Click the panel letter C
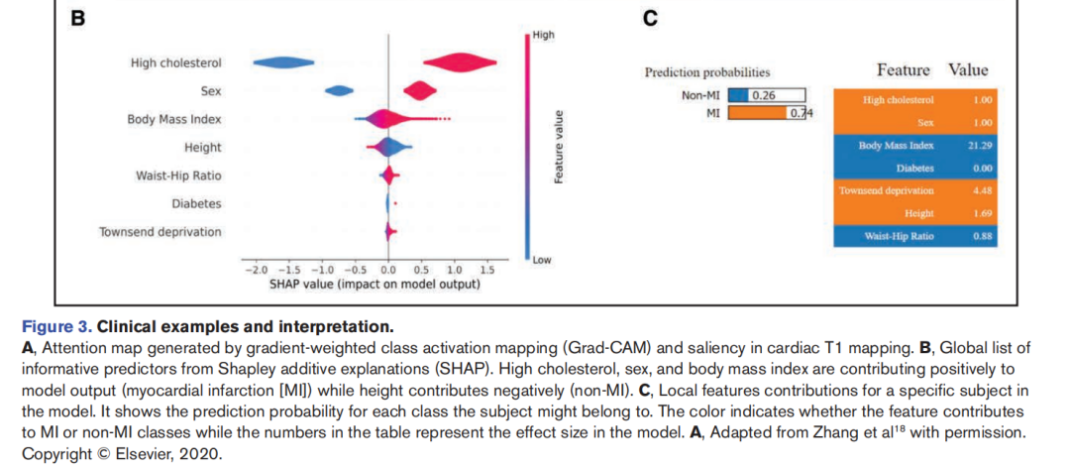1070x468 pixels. pyautogui.click(x=650, y=18)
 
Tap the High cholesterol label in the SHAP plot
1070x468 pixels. pyautogui.click(x=176, y=63)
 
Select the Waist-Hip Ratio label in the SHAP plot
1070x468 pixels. pyautogui.click(x=178, y=175)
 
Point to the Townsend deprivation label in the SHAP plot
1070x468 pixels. pyautogui.click(x=160, y=232)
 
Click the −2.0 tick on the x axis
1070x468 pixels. pyautogui.click(x=257, y=270)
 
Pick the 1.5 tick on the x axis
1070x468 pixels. pyautogui.click(x=486, y=270)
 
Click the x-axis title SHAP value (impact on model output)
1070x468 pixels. pyautogui.click(x=374, y=285)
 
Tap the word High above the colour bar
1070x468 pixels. pyautogui.click(x=543, y=35)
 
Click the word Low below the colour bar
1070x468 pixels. pyautogui.click(x=541, y=260)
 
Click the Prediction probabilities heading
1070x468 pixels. pyautogui.click(x=706, y=72)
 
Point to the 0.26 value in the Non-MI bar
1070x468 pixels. pyautogui.click(x=763, y=95)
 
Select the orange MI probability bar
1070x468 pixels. pyautogui.click(x=758, y=113)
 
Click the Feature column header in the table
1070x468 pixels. pyautogui.click(x=903, y=70)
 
